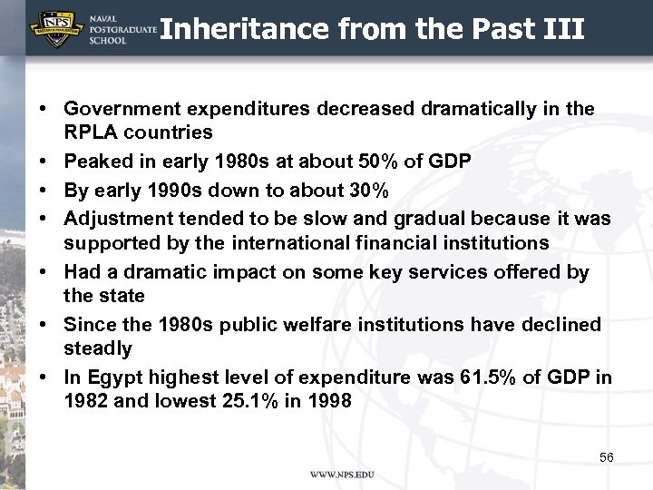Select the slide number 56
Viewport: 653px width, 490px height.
[607, 456]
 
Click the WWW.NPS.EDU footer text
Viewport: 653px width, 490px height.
[342, 475]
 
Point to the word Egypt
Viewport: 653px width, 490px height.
[110, 377]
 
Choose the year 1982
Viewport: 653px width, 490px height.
[86, 400]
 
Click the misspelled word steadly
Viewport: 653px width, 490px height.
[98, 348]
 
